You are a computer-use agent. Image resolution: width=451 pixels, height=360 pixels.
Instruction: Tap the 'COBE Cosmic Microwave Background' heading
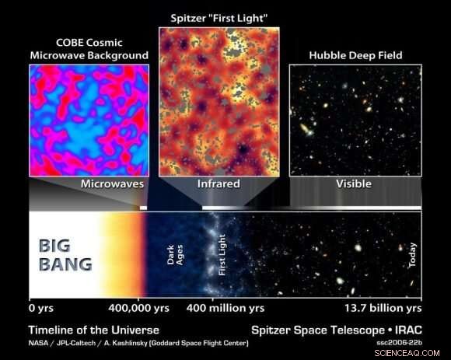89,49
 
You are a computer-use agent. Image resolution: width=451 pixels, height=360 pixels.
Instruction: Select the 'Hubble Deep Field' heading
355,55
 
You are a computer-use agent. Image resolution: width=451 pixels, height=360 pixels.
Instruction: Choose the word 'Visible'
353,184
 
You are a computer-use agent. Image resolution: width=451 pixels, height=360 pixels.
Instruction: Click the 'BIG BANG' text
65,255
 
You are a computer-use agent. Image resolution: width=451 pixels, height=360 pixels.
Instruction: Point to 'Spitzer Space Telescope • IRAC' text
336,329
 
